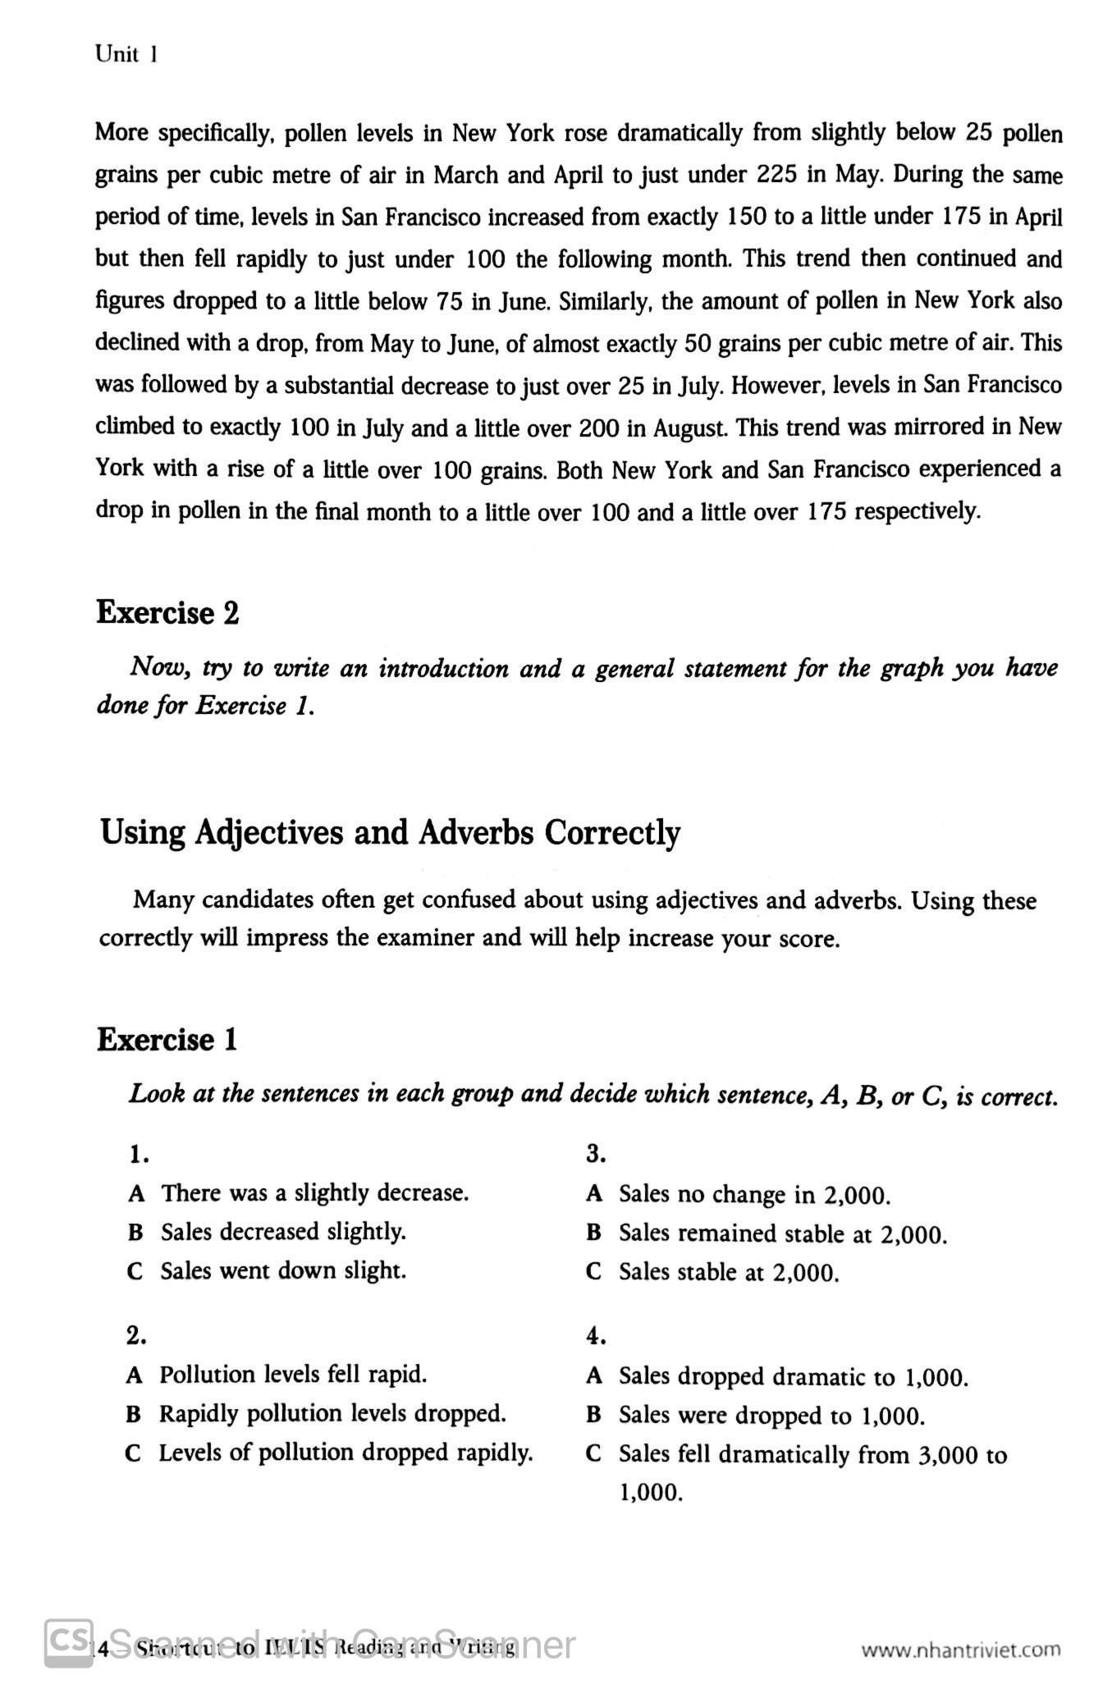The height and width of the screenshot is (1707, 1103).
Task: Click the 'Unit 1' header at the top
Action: coord(126,55)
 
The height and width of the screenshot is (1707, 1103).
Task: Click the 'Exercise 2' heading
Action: coord(167,613)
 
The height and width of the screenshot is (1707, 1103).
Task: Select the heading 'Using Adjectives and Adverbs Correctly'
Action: coord(390,832)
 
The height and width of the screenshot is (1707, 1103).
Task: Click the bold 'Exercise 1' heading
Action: coord(167,1040)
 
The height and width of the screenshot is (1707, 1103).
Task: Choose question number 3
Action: coord(596,1155)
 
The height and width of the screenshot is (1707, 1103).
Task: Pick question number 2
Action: coord(136,1337)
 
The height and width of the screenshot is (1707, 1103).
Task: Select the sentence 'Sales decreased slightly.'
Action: coord(283,1232)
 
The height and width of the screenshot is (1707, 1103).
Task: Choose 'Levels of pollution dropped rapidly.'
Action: coord(346,1453)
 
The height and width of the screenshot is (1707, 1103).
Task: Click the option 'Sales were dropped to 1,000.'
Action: coord(771,1416)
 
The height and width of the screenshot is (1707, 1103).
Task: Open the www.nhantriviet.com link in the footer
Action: coord(960,1650)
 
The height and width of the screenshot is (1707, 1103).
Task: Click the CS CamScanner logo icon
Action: coord(67,1644)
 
